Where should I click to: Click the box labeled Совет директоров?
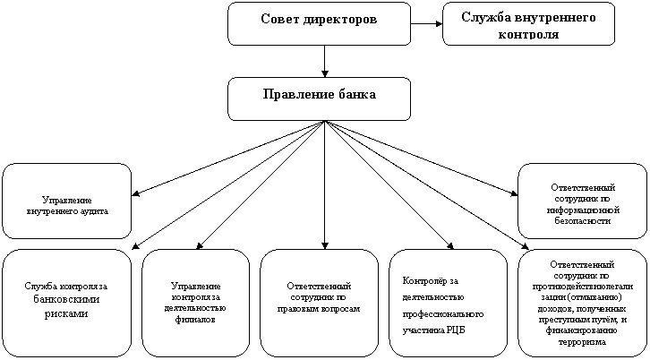click(x=319, y=23)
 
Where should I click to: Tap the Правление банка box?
click(x=319, y=98)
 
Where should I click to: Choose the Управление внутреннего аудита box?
click(x=67, y=201)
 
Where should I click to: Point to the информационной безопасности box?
click(x=582, y=201)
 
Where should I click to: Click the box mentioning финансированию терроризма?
click(x=582, y=301)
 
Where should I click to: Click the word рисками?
click(x=65, y=314)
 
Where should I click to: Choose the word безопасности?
click(x=582, y=219)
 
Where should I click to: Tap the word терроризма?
click(x=582, y=341)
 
